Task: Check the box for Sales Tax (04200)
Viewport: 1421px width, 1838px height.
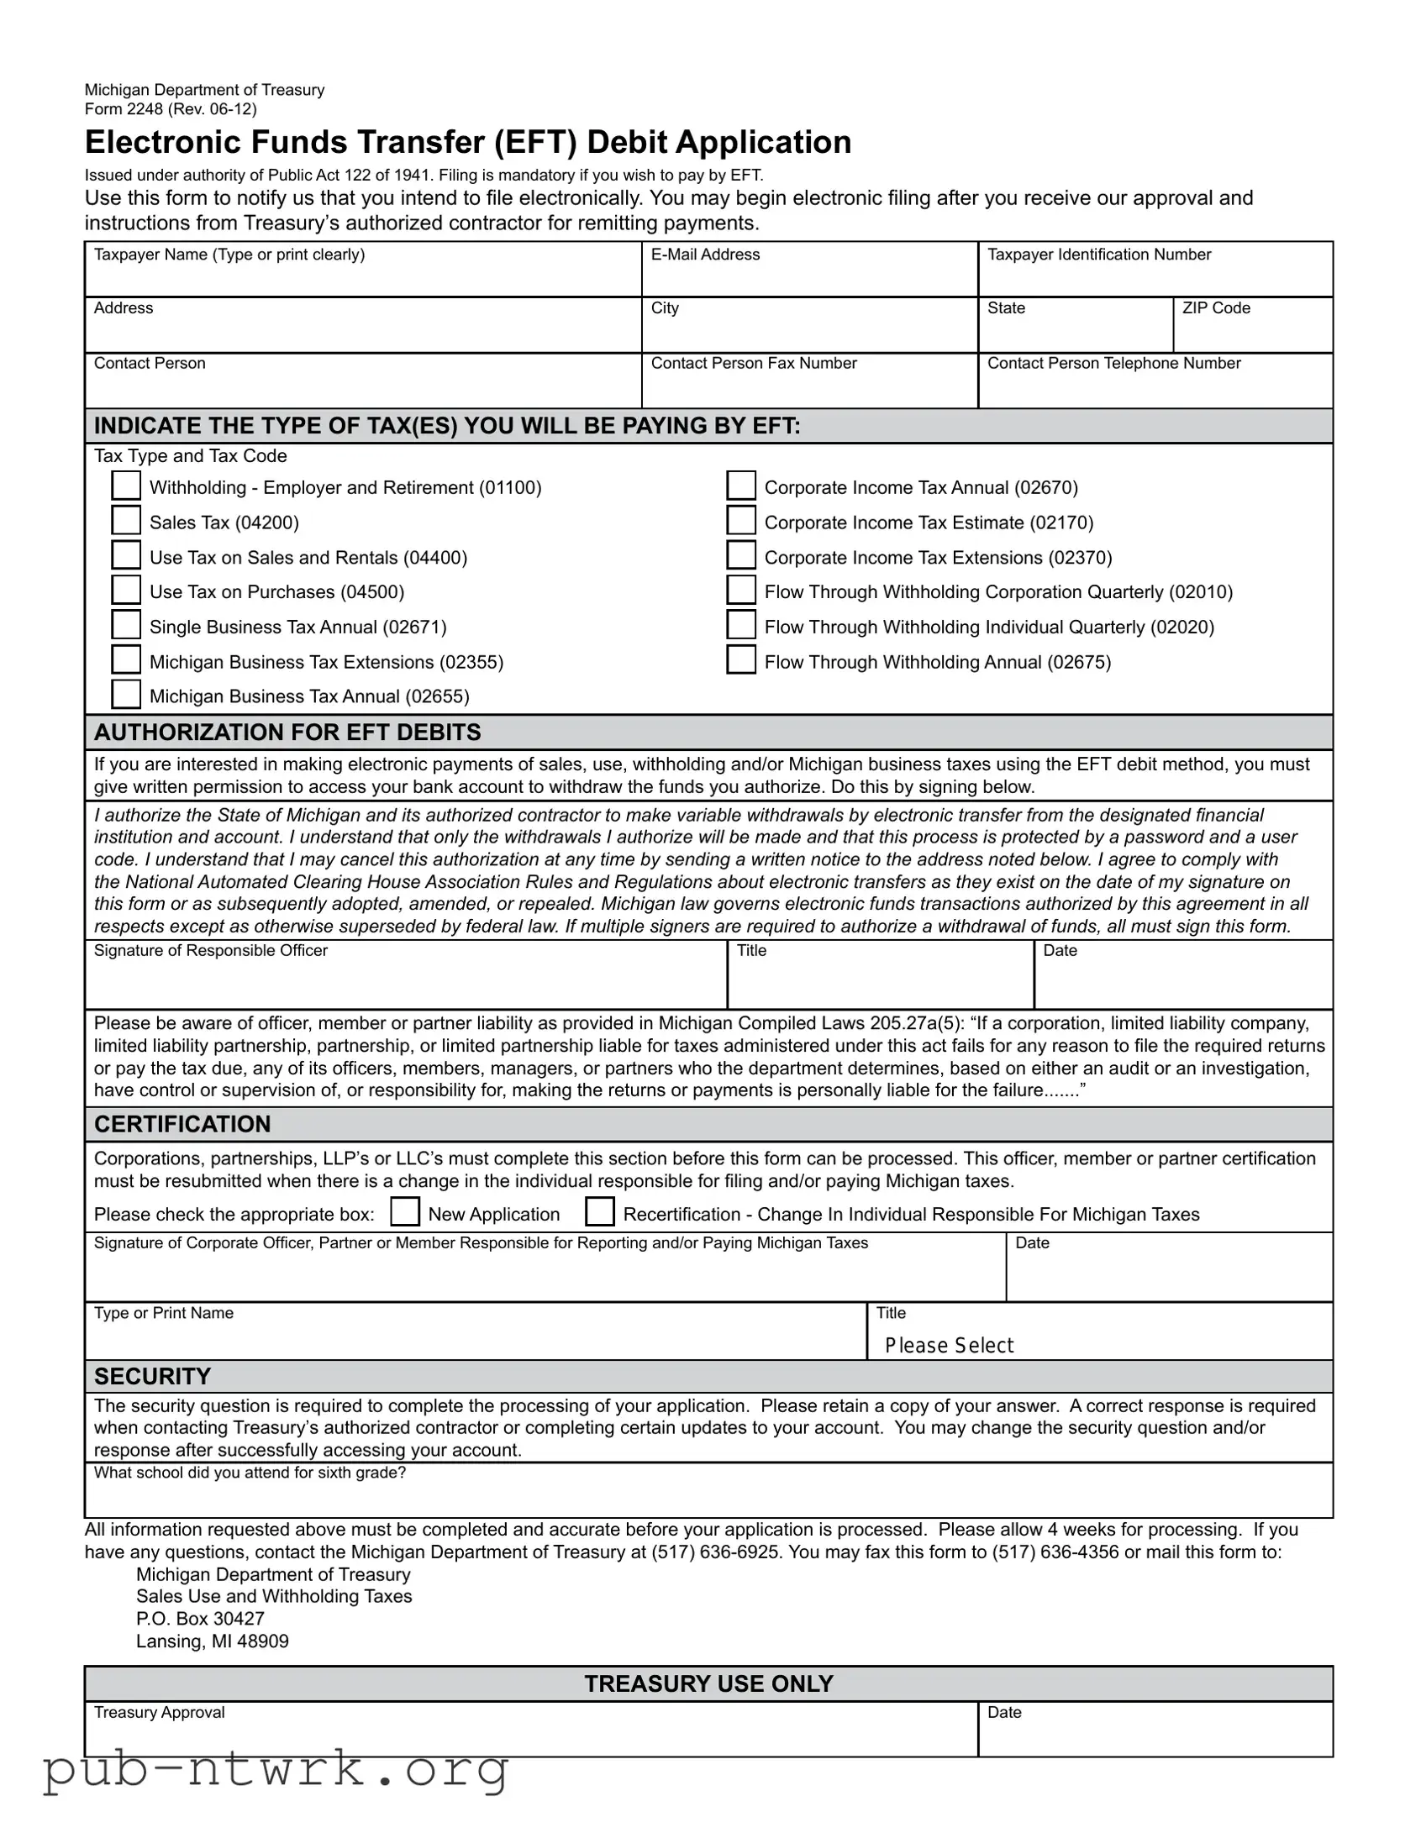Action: tap(126, 521)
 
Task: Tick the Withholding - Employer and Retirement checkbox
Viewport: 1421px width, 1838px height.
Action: tap(126, 486)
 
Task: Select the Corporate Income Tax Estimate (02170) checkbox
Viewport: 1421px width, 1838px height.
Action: tap(741, 521)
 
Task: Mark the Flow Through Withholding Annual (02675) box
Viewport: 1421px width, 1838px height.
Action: tap(741, 660)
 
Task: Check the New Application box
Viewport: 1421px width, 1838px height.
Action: tap(405, 1213)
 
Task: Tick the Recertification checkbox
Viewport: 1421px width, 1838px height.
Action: tap(599, 1213)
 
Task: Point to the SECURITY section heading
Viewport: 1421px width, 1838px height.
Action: tap(152, 1376)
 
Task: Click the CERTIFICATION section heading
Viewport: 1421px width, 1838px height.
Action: tap(182, 1124)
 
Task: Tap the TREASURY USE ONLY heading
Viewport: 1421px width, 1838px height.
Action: tap(708, 1683)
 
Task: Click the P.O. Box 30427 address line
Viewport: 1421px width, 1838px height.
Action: tap(200, 1619)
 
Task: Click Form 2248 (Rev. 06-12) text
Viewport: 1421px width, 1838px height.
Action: tap(171, 108)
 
